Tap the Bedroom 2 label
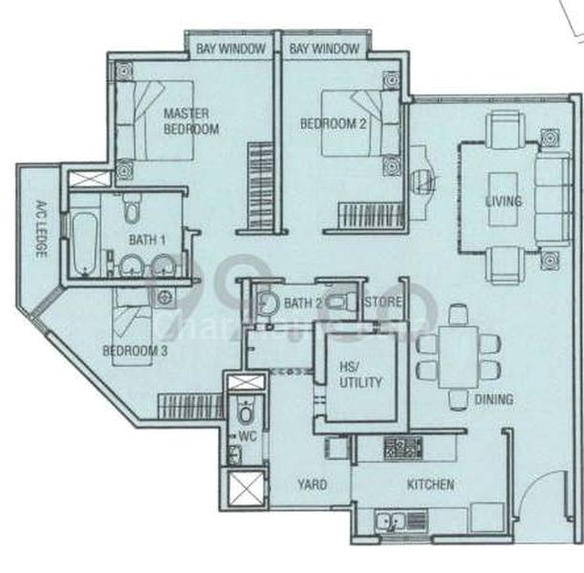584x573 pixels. (329, 123)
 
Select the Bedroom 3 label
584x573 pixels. (135, 350)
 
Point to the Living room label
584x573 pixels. (503, 202)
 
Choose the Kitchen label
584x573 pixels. (430, 485)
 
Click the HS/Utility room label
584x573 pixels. (361, 374)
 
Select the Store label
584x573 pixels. (383, 304)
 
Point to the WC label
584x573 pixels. (248, 436)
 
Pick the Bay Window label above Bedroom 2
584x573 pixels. (321, 48)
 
